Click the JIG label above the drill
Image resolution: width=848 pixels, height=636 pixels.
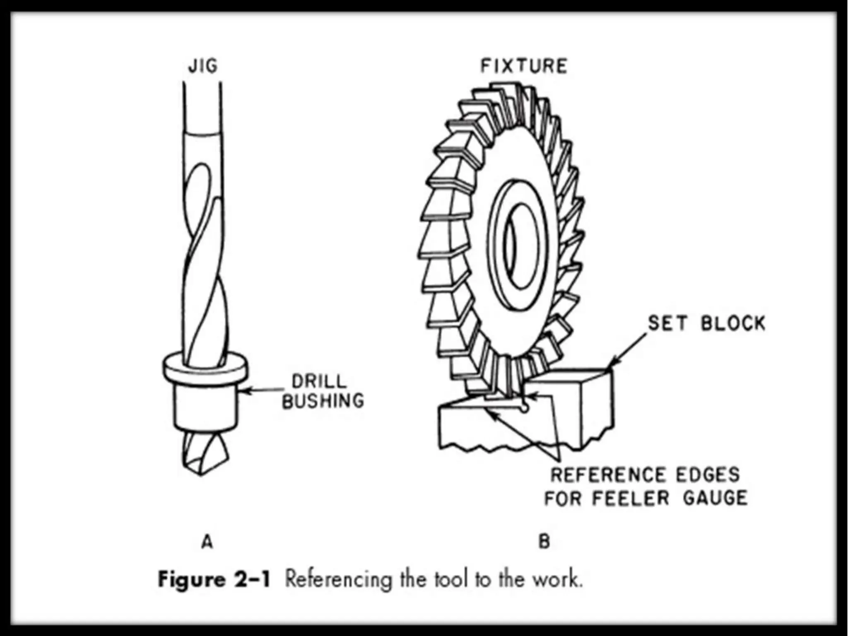pos(202,66)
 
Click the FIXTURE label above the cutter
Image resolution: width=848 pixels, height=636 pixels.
pos(523,66)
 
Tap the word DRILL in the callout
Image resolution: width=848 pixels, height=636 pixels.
pos(318,381)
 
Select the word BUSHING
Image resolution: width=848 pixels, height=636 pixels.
pos(323,401)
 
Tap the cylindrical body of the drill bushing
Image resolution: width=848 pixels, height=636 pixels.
pos(205,408)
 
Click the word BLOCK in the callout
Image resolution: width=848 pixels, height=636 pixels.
pos(733,323)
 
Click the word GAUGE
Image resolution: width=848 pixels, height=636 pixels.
pos(715,497)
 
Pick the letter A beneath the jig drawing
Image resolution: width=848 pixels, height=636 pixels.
pos(207,542)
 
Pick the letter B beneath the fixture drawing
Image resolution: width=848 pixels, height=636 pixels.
pos(544,542)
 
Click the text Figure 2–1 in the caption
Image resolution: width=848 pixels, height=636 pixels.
pos(214,579)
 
